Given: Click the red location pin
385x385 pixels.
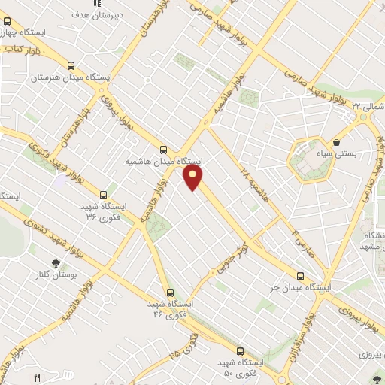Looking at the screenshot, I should point(194,177).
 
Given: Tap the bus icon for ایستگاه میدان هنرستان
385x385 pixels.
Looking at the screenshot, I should point(71,66).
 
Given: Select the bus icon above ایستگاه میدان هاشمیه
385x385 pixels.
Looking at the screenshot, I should point(164,150).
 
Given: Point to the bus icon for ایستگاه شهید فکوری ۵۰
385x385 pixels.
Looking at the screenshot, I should point(241,350).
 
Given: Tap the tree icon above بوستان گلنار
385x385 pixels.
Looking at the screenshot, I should point(56,262).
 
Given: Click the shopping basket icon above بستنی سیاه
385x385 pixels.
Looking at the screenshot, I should point(335,141).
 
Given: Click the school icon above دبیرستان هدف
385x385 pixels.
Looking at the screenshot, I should point(97,3).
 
